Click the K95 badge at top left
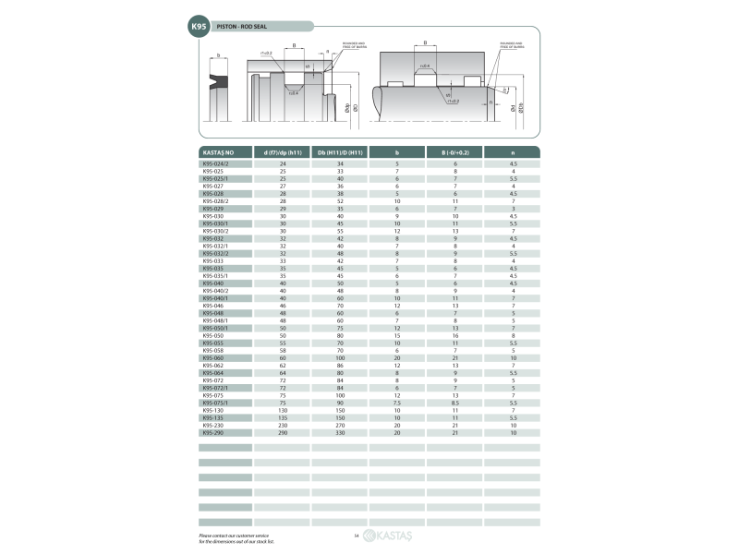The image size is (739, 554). point(199,29)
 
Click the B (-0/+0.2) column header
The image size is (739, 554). point(455,151)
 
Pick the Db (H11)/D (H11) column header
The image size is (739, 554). point(340,151)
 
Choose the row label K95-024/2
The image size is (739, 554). point(216,163)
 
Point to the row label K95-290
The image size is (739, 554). point(213,432)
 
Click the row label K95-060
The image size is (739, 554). point(213,357)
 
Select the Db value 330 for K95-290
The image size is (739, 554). point(340,432)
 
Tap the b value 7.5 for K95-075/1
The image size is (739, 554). point(397,403)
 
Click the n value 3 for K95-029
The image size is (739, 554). point(513,209)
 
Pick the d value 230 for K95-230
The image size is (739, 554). point(283,425)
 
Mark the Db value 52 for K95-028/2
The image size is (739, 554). point(340,201)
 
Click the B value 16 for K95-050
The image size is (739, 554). point(455,335)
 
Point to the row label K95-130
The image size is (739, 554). point(213,410)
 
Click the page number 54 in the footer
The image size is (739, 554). point(356,536)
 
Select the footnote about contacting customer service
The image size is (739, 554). point(236,537)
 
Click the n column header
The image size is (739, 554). point(513,151)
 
